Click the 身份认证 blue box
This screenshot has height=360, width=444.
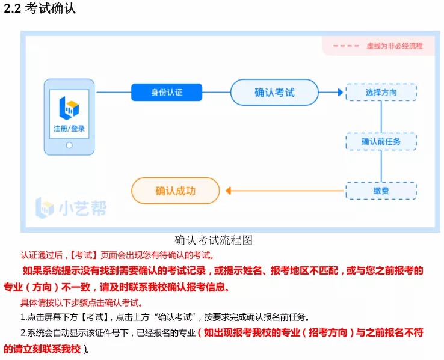click(166, 92)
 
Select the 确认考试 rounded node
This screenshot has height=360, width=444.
click(274, 92)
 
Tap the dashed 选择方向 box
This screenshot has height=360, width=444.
click(381, 92)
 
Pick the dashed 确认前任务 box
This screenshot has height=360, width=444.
click(381, 141)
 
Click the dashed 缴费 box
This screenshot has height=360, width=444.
click(381, 191)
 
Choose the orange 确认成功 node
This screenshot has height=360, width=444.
click(176, 191)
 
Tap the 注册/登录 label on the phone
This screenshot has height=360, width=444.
click(69, 129)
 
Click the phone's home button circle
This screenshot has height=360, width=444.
click(69, 145)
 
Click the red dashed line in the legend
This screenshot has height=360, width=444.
click(345, 46)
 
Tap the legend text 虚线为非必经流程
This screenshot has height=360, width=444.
click(394, 46)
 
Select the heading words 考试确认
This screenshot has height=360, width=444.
click(51, 10)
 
